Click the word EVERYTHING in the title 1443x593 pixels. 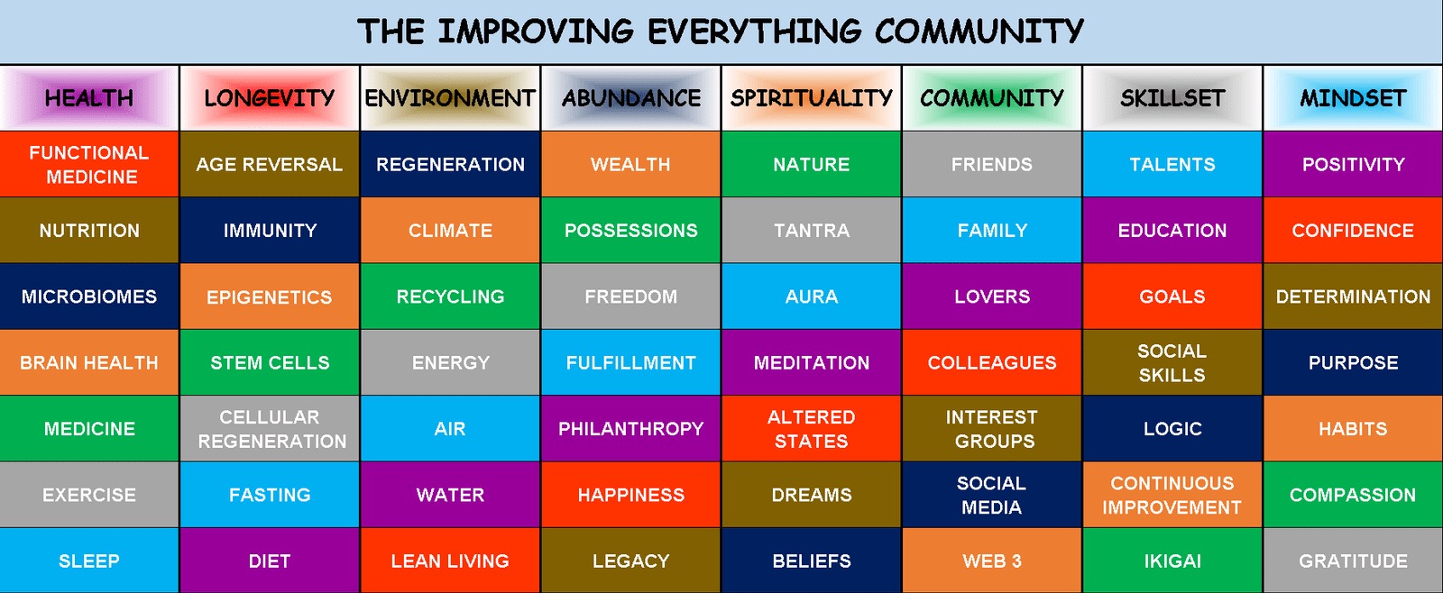click(x=754, y=32)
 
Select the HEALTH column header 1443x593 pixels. click(x=89, y=98)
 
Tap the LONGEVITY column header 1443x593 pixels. click(x=270, y=98)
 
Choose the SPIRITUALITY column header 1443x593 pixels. click(x=811, y=98)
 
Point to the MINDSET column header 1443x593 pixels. click(x=1353, y=98)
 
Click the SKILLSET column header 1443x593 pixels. click(x=1172, y=98)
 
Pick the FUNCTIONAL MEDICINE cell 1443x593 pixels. click(x=89, y=164)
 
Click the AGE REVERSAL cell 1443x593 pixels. click(x=270, y=164)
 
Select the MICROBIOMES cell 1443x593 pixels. click(x=89, y=296)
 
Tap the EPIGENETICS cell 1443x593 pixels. click(x=270, y=296)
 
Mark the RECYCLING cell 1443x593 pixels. click(x=450, y=296)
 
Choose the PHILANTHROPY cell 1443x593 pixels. click(x=630, y=428)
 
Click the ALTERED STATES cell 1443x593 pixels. click(x=811, y=428)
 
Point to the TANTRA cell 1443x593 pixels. click(x=811, y=230)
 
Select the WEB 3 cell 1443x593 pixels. click(x=992, y=561)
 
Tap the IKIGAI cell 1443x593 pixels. click(x=1172, y=561)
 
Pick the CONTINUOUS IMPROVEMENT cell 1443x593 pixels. click(x=1172, y=495)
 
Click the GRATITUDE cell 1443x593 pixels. click(x=1353, y=561)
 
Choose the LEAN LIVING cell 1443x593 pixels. click(x=450, y=561)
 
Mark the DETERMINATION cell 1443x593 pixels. click(x=1353, y=296)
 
